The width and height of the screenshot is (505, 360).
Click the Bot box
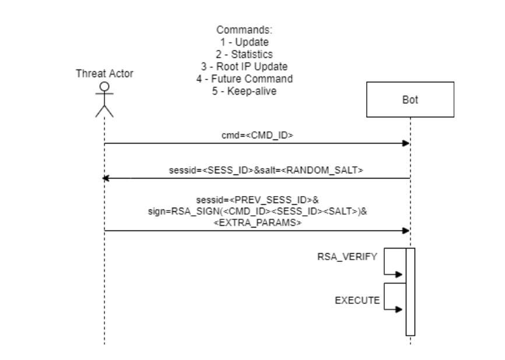tap(410, 100)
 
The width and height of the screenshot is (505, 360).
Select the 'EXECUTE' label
tap(357, 301)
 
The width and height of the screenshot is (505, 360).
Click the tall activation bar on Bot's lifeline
tap(410, 292)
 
